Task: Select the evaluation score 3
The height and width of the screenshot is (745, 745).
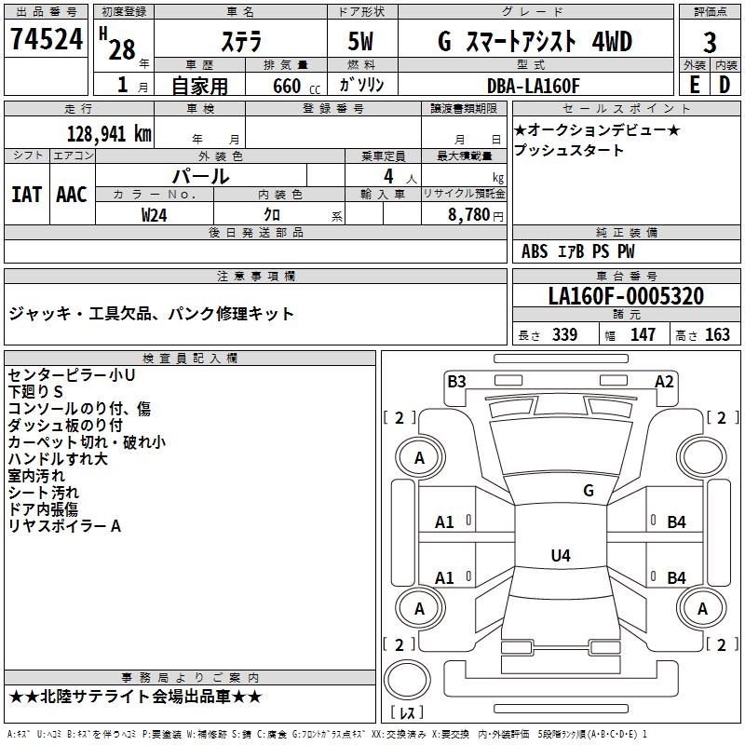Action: pyautogui.click(x=710, y=43)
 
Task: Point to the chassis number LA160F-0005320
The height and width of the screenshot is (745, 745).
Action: pyautogui.click(x=625, y=297)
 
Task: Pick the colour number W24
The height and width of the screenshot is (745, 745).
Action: pyautogui.click(x=155, y=214)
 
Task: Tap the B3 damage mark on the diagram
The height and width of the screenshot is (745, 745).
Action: pyautogui.click(x=456, y=381)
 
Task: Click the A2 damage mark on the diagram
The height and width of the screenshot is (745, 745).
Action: pyautogui.click(x=664, y=381)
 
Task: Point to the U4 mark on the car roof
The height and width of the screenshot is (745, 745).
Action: pyautogui.click(x=560, y=556)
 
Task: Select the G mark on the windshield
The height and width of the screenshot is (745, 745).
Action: pyautogui.click(x=588, y=491)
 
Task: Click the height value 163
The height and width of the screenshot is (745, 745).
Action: pyautogui.click(x=717, y=335)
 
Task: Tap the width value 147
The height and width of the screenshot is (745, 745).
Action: pyautogui.click(x=643, y=335)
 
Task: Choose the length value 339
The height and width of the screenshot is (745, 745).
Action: pyautogui.click(x=564, y=335)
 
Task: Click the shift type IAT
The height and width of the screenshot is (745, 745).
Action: pyautogui.click(x=27, y=194)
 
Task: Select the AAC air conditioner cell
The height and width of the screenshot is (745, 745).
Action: pyautogui.click(x=72, y=194)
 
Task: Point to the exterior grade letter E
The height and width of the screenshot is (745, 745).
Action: pyautogui.click(x=694, y=86)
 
